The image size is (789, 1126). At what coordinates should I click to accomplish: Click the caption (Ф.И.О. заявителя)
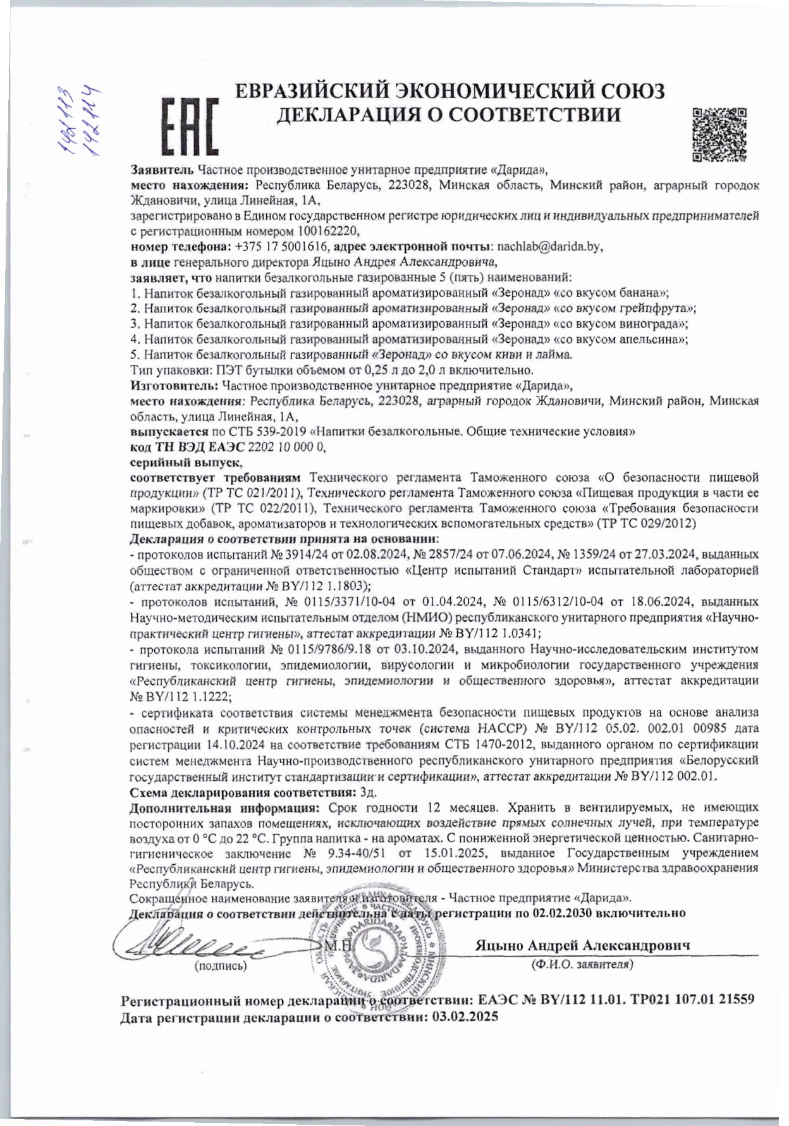click(x=582, y=965)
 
